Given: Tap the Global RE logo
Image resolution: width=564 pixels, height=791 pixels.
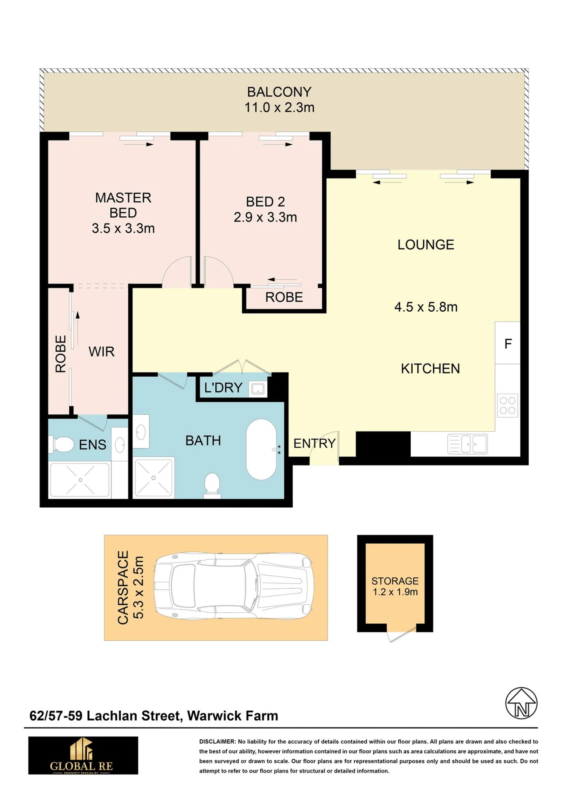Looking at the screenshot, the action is coord(83,755).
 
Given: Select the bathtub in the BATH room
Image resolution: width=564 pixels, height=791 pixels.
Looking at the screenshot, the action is coord(261,449).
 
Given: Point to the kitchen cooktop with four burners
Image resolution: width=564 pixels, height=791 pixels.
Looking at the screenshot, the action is coord(507,405).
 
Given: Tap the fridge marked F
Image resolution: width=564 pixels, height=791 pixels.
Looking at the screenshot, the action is coord(507,343).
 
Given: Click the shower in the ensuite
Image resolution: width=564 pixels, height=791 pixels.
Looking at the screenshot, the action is coord(80,480).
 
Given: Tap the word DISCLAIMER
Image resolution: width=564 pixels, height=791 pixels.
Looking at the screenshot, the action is coord(217,742).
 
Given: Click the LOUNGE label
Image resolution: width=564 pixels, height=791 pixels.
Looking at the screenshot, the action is coord(426,245).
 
